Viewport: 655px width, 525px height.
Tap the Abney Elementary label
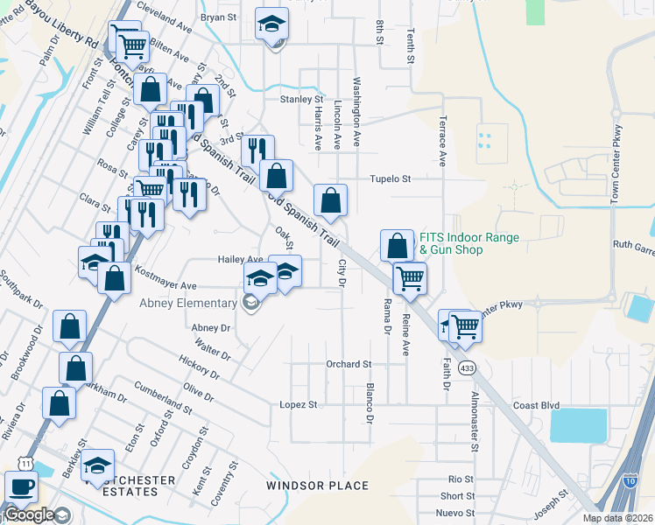(188, 303)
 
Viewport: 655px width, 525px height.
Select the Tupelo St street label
(389, 179)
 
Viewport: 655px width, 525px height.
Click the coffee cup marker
(21, 486)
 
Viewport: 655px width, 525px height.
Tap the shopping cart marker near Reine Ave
(410, 279)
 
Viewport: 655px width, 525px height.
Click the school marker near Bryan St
(272, 24)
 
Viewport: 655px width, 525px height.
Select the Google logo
(29, 514)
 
